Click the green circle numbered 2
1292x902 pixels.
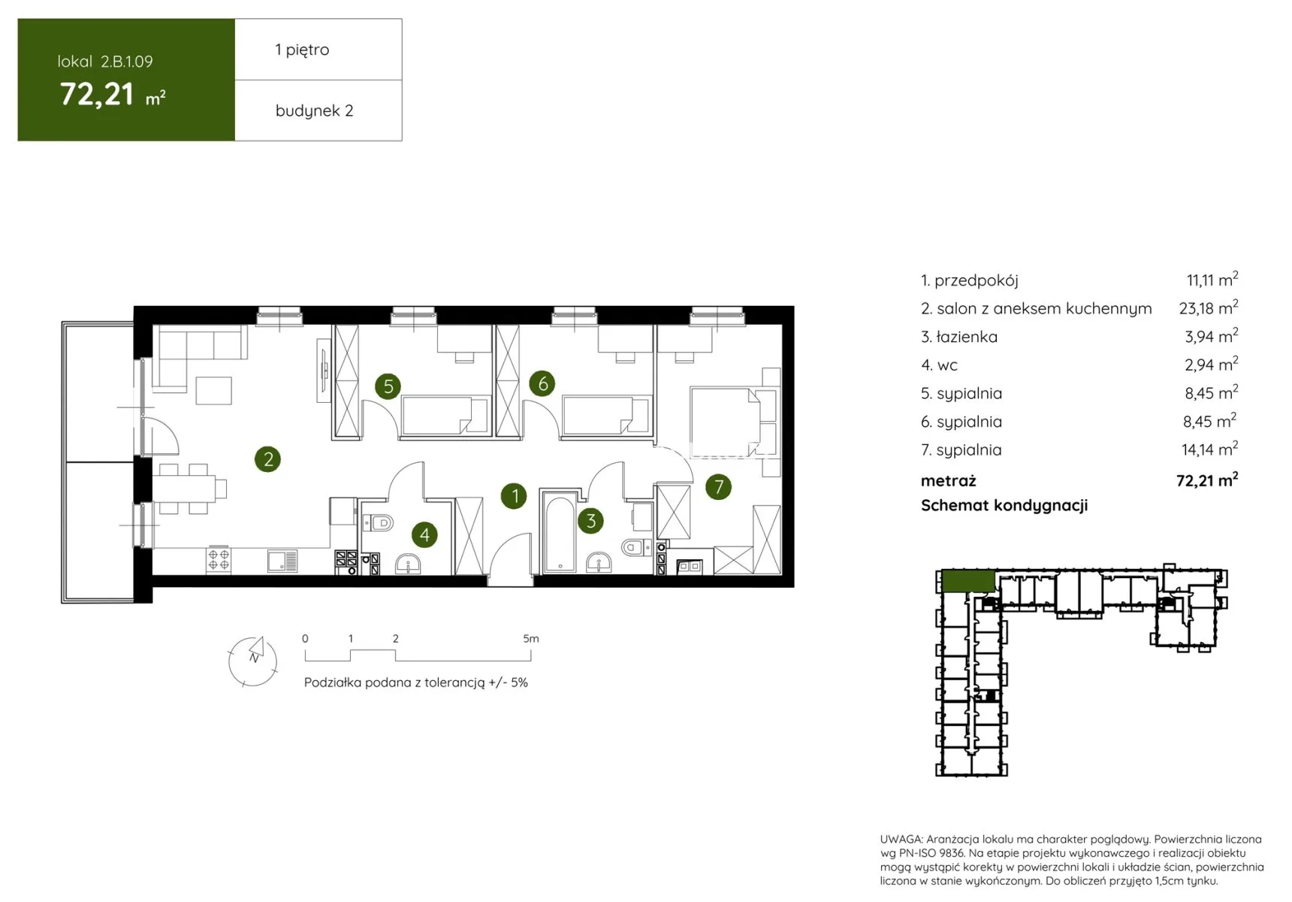(268, 459)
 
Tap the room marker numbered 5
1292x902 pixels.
(388, 386)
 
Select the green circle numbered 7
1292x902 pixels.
(719, 487)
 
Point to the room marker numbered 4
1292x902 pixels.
(425, 534)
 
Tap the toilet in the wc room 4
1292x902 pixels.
(378, 522)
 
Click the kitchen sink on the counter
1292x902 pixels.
(282, 560)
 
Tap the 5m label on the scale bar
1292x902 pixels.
(531, 638)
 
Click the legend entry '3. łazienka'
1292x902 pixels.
(959, 337)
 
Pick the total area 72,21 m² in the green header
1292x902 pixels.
(113, 95)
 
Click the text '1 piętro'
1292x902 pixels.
(302, 50)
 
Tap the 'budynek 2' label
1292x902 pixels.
(314, 110)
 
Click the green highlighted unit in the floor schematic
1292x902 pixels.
(968, 581)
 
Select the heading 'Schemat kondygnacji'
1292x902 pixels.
(1004, 505)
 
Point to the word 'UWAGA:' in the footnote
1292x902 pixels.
(901, 839)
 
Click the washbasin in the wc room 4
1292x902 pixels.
(408, 563)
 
